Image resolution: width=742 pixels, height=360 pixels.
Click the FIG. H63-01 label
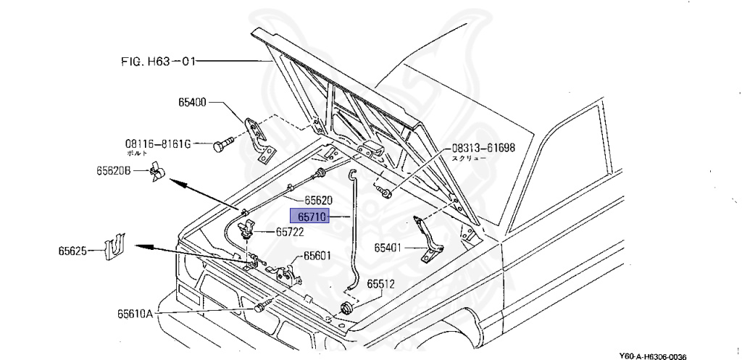(x=158, y=62)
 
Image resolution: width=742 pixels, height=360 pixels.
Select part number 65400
(x=193, y=104)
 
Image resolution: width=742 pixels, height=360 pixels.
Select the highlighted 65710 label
(x=310, y=216)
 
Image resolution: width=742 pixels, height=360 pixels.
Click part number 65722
(x=289, y=233)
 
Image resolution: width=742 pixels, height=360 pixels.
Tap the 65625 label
(x=72, y=251)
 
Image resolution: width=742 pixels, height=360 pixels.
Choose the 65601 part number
(x=317, y=255)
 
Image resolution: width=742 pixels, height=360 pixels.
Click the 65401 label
(x=389, y=248)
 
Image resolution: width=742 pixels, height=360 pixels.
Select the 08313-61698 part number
(x=484, y=147)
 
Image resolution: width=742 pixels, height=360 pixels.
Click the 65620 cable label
(x=318, y=200)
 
